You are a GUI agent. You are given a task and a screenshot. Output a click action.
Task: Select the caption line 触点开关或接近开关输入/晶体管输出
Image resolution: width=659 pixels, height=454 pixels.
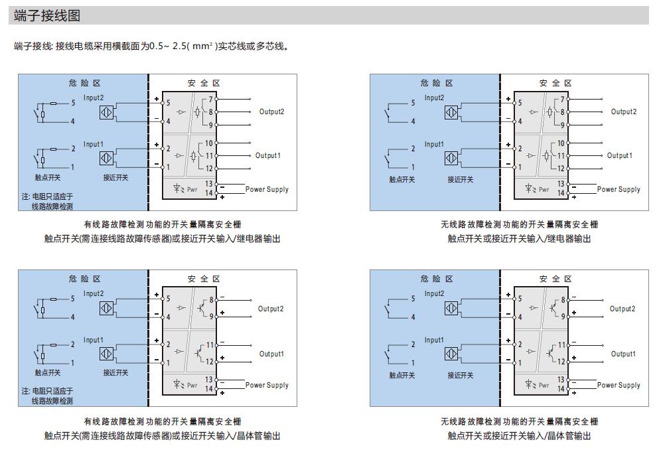click(x=518, y=435)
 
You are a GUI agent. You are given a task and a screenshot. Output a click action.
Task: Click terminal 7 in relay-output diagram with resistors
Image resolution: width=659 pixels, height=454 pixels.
click(x=210, y=99)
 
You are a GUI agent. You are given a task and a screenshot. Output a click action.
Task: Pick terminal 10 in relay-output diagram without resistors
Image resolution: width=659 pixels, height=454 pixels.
click(x=560, y=143)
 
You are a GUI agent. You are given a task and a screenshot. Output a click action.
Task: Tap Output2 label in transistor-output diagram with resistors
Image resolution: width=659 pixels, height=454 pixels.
click(x=271, y=309)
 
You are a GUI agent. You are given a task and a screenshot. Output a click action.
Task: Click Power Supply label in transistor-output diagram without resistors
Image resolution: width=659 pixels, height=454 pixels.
click(x=619, y=385)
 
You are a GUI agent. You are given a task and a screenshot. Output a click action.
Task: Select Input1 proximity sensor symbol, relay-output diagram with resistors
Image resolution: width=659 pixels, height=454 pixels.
click(x=106, y=159)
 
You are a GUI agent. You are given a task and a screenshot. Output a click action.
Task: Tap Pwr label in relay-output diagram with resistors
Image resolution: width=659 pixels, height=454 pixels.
click(x=192, y=189)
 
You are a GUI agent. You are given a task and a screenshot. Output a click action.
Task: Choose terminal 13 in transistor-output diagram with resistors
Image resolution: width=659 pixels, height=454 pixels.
click(x=209, y=380)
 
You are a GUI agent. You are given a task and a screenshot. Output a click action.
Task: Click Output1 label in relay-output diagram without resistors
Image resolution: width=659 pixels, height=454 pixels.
click(x=619, y=155)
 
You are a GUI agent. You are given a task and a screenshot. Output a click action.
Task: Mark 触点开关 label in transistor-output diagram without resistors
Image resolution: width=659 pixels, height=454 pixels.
click(x=402, y=375)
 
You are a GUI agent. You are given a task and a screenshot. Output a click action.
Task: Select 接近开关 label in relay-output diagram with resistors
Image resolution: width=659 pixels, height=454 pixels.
click(x=116, y=178)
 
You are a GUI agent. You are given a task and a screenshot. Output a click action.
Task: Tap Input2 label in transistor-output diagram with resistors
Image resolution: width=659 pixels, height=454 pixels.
click(x=94, y=293)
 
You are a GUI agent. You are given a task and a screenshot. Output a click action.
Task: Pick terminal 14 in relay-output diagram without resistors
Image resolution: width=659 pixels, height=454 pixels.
click(x=561, y=193)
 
